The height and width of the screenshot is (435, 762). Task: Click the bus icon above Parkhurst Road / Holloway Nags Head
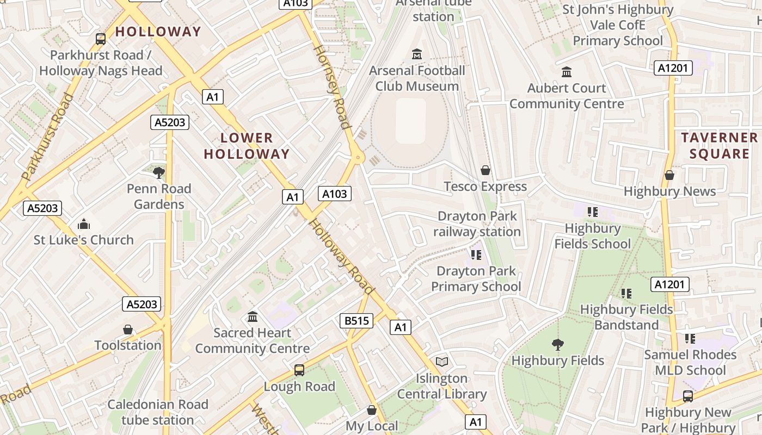coord(101,39)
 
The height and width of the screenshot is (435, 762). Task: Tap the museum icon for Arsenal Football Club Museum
coord(417,54)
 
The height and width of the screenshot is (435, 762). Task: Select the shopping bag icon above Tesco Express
coord(486,171)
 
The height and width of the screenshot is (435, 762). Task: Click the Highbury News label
coord(669,191)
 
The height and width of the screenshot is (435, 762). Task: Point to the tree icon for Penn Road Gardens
coord(159,173)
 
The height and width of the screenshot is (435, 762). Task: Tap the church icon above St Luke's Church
coord(83,224)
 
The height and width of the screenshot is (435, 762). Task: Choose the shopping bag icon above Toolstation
coord(128,330)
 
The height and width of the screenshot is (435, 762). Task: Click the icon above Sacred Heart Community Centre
coord(253,316)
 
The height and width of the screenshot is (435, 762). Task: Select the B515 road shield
coord(357,321)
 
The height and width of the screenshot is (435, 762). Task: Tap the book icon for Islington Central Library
coord(442,362)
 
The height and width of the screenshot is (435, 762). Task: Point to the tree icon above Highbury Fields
coord(557,344)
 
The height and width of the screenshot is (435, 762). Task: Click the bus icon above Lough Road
coord(299,370)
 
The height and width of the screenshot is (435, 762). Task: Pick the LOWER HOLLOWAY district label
coord(247,146)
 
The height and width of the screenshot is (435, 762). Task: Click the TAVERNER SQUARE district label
coord(719,146)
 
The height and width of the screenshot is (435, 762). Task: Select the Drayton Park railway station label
coord(477,224)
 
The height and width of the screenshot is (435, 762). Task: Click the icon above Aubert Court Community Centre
coord(567,72)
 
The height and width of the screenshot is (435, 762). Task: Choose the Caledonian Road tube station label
coord(158,412)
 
